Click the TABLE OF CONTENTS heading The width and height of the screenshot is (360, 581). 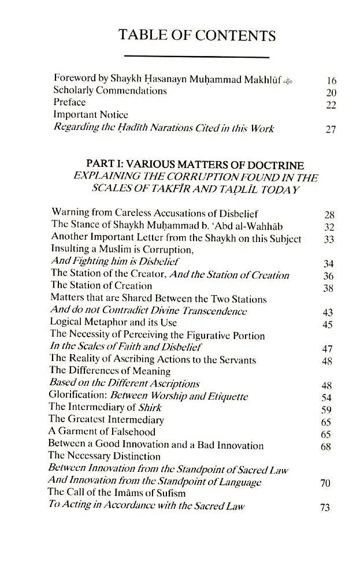click(197, 36)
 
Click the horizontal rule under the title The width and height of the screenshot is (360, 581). click(197, 57)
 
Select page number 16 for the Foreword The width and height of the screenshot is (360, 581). click(331, 81)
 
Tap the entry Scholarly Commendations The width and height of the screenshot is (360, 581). click(110, 91)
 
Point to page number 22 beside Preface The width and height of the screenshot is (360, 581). click(331, 105)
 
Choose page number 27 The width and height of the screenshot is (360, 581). click(331, 129)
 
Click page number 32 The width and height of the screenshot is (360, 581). click(329, 226)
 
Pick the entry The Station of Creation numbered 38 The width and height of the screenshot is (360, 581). click(101, 286)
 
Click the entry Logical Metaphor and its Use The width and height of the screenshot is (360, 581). click(113, 323)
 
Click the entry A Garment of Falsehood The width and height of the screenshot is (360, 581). click(102, 433)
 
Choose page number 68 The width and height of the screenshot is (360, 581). click(326, 446)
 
